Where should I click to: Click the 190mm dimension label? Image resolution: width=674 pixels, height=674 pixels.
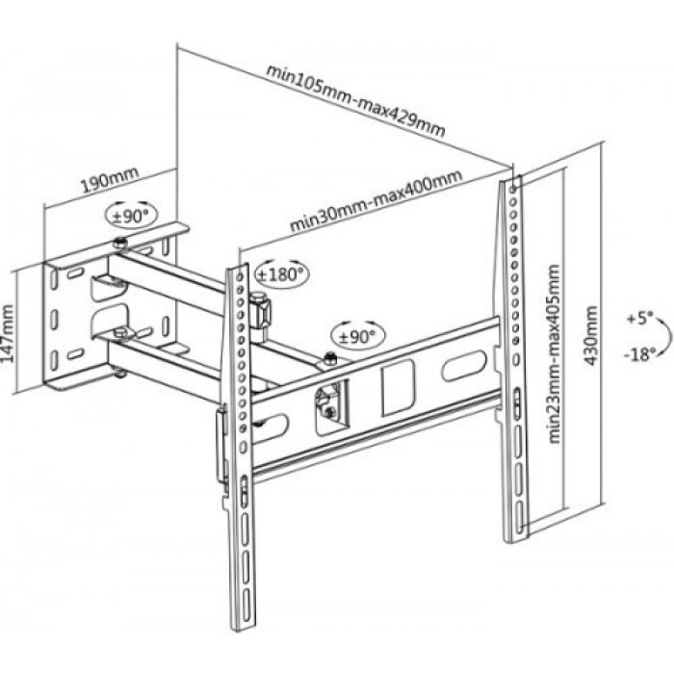pyautogui.click(x=110, y=179)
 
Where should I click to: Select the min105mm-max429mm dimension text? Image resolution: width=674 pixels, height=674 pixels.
pyautogui.click(x=355, y=100)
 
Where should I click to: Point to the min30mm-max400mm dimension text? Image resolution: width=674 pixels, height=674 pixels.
pyautogui.click(x=376, y=200)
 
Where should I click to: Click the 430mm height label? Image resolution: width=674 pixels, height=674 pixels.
pyautogui.click(x=591, y=335)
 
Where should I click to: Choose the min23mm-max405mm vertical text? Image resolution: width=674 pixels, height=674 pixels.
pyautogui.click(x=555, y=353)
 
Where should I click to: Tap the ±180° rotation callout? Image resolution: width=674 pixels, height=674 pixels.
pyautogui.click(x=281, y=273)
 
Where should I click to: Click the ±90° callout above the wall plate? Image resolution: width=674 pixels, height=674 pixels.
pyautogui.click(x=131, y=216)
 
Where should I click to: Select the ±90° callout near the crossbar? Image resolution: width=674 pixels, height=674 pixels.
pyautogui.click(x=357, y=336)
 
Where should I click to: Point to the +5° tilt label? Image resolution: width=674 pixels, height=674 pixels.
pyautogui.click(x=639, y=319)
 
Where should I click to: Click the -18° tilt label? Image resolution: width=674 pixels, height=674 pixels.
pyautogui.click(x=640, y=354)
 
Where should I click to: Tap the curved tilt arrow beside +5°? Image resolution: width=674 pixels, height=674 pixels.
pyautogui.click(x=665, y=336)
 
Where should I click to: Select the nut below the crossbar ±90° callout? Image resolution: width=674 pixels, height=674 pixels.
pyautogui.click(x=329, y=357)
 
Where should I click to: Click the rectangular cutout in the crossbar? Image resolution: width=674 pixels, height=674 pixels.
pyautogui.click(x=399, y=388)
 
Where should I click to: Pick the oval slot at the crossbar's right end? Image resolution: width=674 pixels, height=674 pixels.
pyautogui.click(x=463, y=366)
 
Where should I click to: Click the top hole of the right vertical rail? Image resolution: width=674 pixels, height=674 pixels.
pyautogui.click(x=513, y=189)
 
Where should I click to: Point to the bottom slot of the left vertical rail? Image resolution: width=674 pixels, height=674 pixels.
pyautogui.click(x=246, y=605)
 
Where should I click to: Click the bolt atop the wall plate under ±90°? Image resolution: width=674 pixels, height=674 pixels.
pyautogui.click(x=119, y=244)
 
